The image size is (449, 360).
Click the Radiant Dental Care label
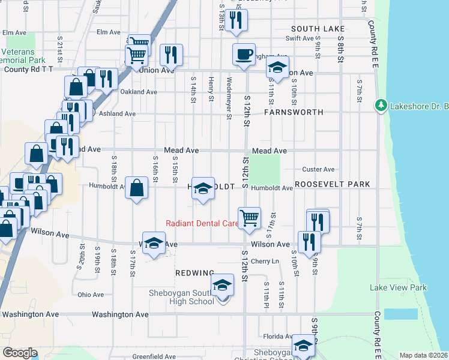202,224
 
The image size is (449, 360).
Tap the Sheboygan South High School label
181,297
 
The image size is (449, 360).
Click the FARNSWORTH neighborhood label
294,112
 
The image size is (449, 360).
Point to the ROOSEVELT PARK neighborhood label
332,184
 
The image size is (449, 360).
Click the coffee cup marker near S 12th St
244,55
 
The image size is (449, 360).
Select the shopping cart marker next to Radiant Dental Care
249,218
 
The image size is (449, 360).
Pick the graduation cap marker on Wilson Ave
154,243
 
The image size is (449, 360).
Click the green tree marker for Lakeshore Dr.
381,106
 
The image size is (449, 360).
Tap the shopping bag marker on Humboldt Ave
137,188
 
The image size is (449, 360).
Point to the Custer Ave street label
318,170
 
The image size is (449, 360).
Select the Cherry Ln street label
265,261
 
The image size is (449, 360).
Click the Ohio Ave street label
91,295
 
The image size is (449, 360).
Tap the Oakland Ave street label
138,92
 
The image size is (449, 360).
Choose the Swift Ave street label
300,38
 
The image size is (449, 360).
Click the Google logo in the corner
20,353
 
